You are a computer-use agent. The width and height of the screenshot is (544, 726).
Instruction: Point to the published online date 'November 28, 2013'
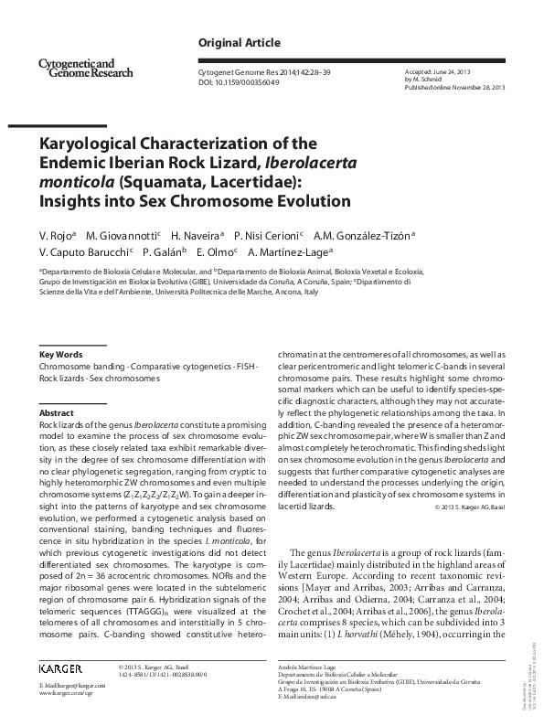coord(476,86)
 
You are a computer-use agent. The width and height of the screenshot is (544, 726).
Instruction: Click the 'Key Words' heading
coord(60,354)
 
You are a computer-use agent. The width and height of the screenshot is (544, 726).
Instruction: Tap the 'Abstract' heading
coord(56,413)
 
